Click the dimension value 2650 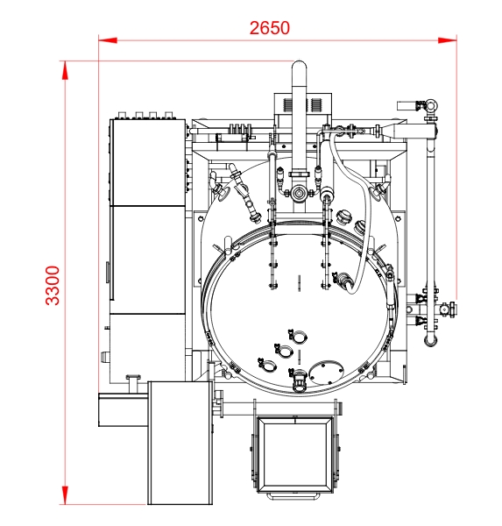click(x=270, y=28)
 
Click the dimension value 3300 click(x=53, y=286)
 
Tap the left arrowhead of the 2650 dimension click(x=108, y=40)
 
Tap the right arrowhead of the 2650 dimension click(x=448, y=40)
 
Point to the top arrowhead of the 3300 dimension click(x=65, y=70)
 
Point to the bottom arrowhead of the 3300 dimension click(x=65, y=495)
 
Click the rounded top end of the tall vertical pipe click(x=299, y=67)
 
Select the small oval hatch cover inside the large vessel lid click(x=326, y=372)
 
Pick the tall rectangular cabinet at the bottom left click(x=180, y=443)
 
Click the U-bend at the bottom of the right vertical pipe click(x=430, y=342)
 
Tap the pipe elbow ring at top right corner click(x=430, y=106)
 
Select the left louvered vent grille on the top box click(x=287, y=105)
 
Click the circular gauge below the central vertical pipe click(x=298, y=193)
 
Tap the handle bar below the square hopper click(x=293, y=496)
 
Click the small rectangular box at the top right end click(x=407, y=106)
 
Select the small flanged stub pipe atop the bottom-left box click(x=133, y=384)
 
